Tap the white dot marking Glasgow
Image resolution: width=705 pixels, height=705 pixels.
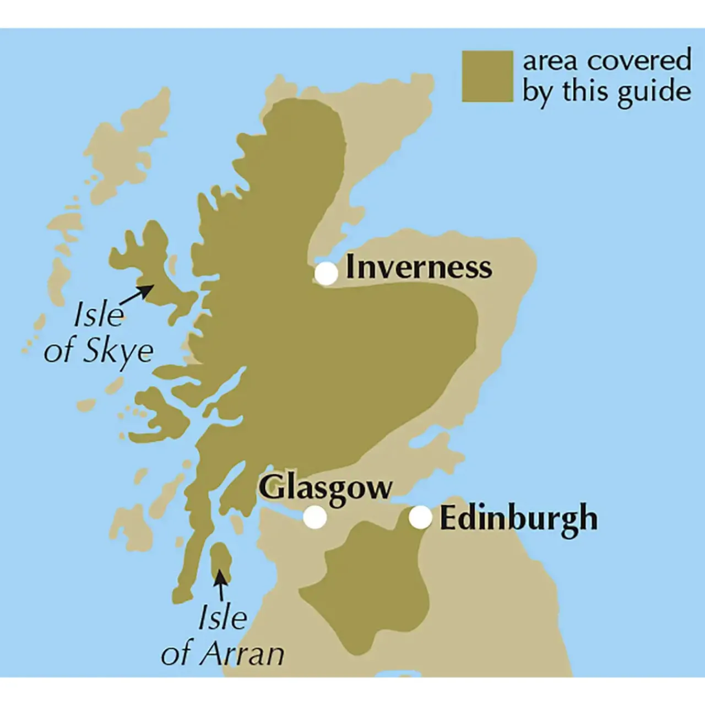(x=315, y=518)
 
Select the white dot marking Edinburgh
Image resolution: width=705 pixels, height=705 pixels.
(x=420, y=517)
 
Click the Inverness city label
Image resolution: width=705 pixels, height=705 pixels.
(x=419, y=268)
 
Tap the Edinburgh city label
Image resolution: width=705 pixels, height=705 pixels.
(x=518, y=519)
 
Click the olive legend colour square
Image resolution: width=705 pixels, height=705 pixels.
(x=487, y=77)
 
